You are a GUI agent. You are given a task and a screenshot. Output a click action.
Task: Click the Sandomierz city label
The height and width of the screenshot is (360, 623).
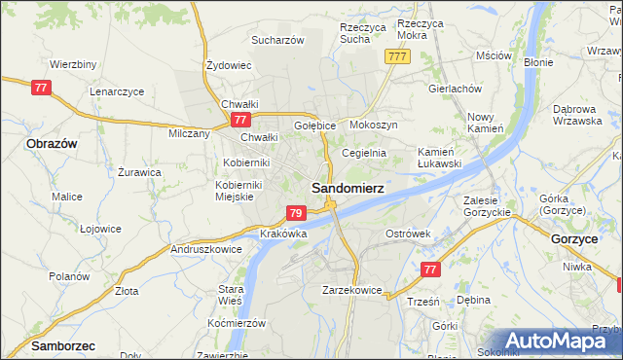point(347,188)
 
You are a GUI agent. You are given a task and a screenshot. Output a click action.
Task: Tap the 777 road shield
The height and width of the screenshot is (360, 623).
point(396,56)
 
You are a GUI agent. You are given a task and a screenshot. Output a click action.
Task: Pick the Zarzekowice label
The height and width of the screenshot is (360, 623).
point(352,290)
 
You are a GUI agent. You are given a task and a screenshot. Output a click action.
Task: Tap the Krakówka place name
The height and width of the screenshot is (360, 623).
point(284,234)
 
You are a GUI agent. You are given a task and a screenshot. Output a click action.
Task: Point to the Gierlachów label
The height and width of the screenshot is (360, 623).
point(456,88)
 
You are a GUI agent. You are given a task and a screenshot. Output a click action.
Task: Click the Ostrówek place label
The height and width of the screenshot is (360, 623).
point(408,234)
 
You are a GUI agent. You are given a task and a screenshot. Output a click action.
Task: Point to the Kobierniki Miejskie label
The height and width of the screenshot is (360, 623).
point(235,190)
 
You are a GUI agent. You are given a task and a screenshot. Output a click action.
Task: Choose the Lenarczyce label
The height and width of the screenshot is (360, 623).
point(117,90)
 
